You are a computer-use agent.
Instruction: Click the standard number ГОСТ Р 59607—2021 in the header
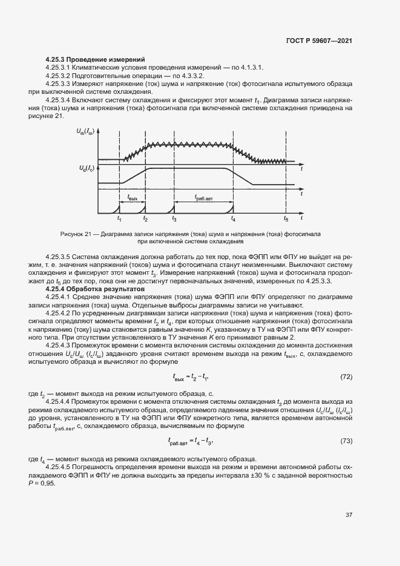pos(319,41)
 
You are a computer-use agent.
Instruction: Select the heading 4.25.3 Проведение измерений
pos(95,59)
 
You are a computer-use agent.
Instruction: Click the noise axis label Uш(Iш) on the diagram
pos(85,131)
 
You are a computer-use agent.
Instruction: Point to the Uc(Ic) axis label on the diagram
pos(85,167)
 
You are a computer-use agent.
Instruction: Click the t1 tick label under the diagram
pos(119,218)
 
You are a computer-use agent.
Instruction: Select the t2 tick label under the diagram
pos(145,218)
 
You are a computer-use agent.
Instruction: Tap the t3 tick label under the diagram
pos(174,218)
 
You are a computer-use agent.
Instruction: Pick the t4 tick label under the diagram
pos(234,218)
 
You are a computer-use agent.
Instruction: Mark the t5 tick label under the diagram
pos(286,218)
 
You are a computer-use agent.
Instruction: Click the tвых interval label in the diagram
pos(133,197)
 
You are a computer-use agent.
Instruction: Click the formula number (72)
pos(346,377)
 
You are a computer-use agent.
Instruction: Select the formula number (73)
pos(346,441)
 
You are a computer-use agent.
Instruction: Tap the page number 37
pos(349,515)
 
